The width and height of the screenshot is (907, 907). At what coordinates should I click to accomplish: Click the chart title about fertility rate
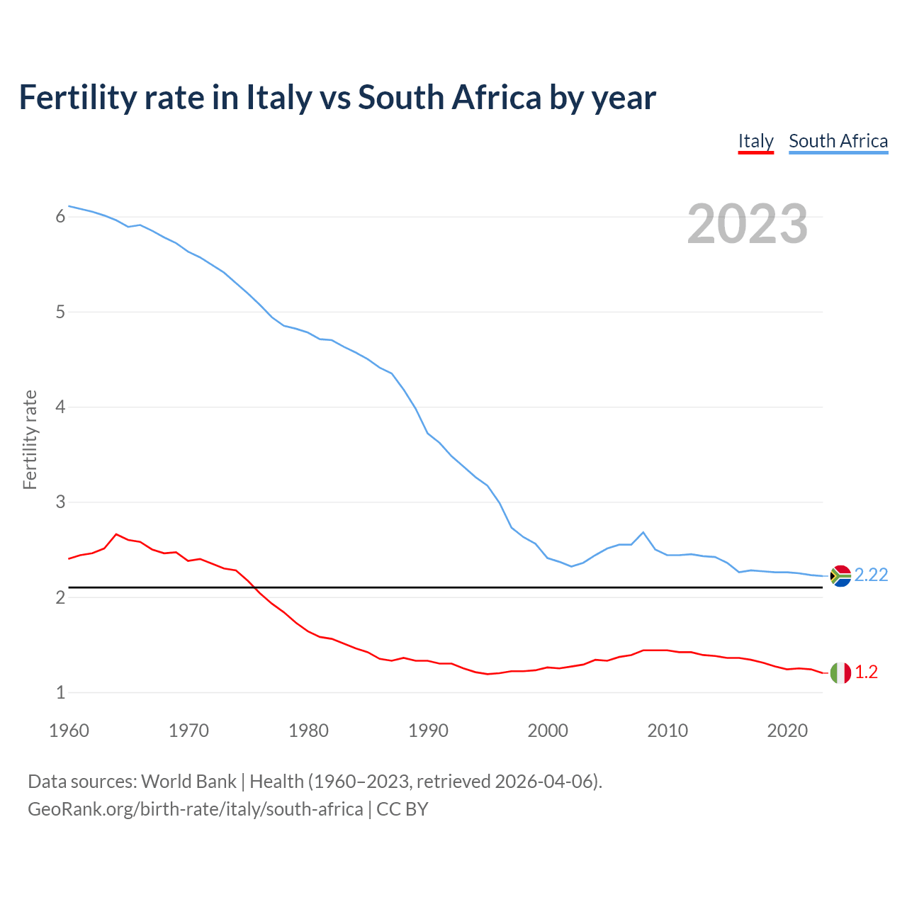click(337, 97)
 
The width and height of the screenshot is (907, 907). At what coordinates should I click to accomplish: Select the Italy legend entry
click(755, 141)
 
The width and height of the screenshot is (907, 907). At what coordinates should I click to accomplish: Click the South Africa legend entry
click(838, 141)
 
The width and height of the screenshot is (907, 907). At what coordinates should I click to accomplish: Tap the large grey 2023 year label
click(747, 224)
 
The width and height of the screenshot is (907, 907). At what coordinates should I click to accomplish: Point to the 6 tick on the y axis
click(60, 217)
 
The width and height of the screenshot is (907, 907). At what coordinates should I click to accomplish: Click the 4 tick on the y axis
click(60, 407)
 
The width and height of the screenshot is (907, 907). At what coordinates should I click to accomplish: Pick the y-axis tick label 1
click(60, 693)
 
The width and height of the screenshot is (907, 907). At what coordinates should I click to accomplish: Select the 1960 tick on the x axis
click(69, 731)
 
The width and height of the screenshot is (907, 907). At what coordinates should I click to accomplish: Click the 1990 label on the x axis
click(428, 731)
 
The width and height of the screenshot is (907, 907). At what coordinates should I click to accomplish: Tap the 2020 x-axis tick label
click(787, 731)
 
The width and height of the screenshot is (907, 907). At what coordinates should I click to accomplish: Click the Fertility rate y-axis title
click(30, 439)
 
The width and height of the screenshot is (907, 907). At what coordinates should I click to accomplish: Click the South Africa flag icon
click(840, 575)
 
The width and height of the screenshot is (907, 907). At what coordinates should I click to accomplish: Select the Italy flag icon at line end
click(840, 672)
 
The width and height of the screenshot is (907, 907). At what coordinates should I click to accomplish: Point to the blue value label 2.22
click(871, 575)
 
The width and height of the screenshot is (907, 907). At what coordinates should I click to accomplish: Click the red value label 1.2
click(866, 672)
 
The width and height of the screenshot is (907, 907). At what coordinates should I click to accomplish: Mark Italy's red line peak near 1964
click(116, 534)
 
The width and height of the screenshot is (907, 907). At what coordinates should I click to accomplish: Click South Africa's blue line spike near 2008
click(643, 532)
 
